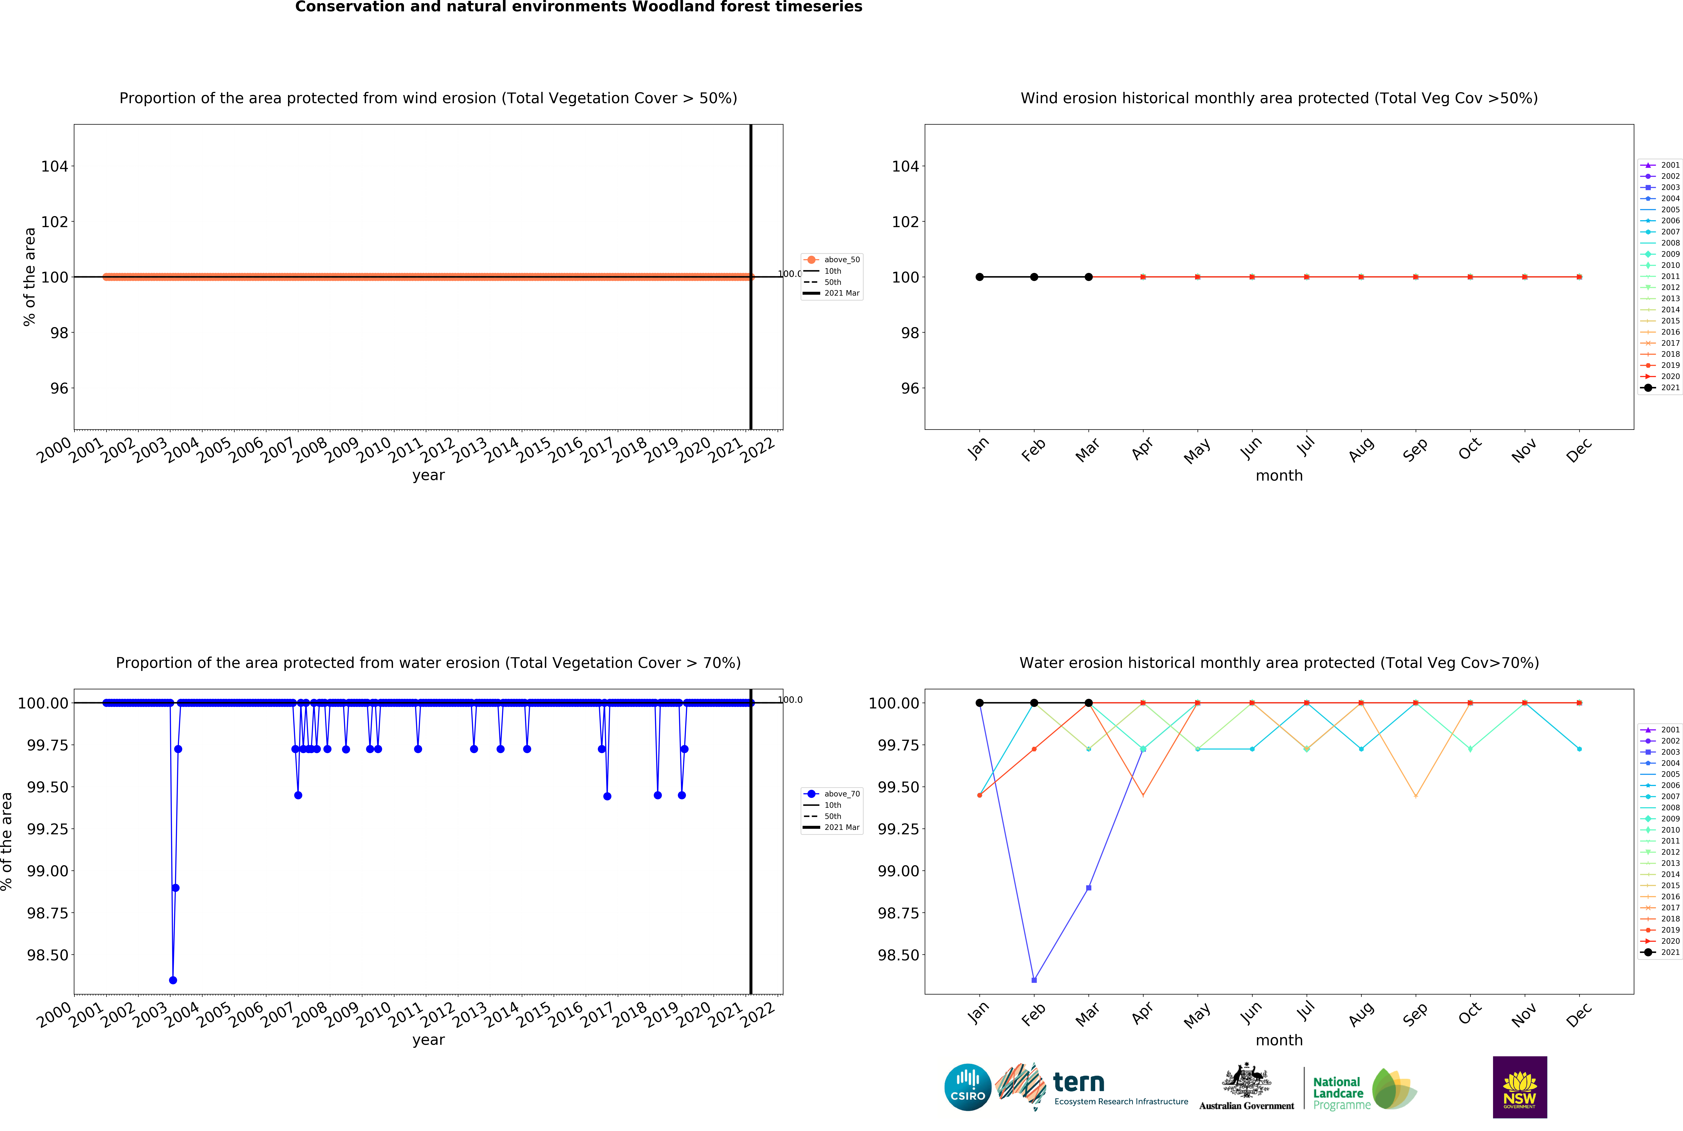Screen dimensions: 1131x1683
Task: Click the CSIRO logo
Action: pos(967,1087)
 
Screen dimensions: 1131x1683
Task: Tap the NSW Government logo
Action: pos(1519,1087)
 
